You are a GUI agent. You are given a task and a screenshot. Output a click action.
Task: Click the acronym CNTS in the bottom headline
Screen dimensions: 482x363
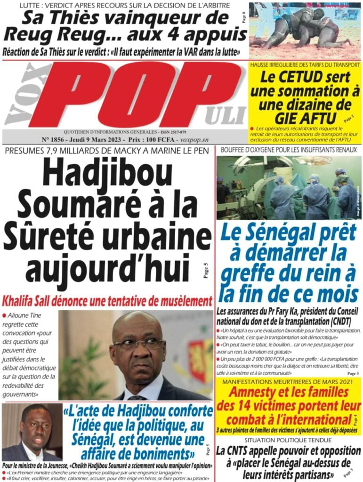[242, 450]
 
